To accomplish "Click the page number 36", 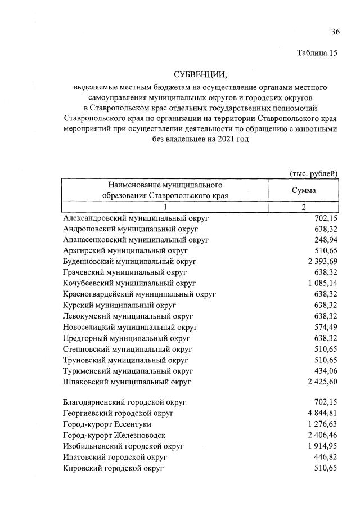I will coord(335,31).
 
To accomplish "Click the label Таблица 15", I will coord(317,53).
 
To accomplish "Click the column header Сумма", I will coord(303,190).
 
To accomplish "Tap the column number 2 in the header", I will coord(303,207).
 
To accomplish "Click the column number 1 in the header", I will coord(165,207).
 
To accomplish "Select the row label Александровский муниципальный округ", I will coord(136,218).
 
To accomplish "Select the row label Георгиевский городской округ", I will coord(118,414).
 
